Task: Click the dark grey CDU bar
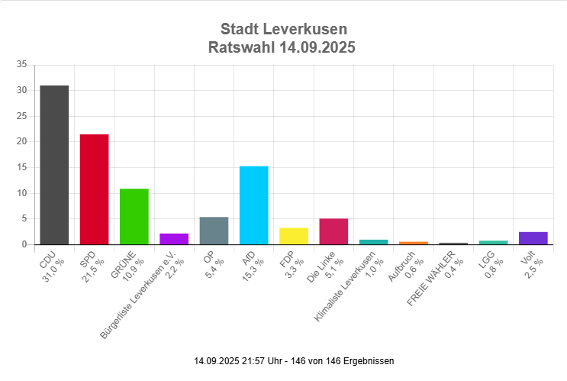click(x=54, y=164)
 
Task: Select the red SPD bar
click(x=94, y=189)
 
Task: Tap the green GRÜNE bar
click(x=134, y=216)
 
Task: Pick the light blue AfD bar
click(x=253, y=205)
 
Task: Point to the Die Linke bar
click(x=333, y=231)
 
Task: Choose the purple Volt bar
click(x=533, y=238)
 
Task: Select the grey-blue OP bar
click(x=214, y=231)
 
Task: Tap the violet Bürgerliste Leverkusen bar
click(x=174, y=239)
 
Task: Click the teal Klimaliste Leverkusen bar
click(x=373, y=242)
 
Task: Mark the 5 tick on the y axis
click(x=25, y=219)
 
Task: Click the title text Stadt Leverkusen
click(x=283, y=29)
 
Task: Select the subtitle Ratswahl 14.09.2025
click(x=283, y=47)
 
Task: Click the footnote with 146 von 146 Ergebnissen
click(x=294, y=360)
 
